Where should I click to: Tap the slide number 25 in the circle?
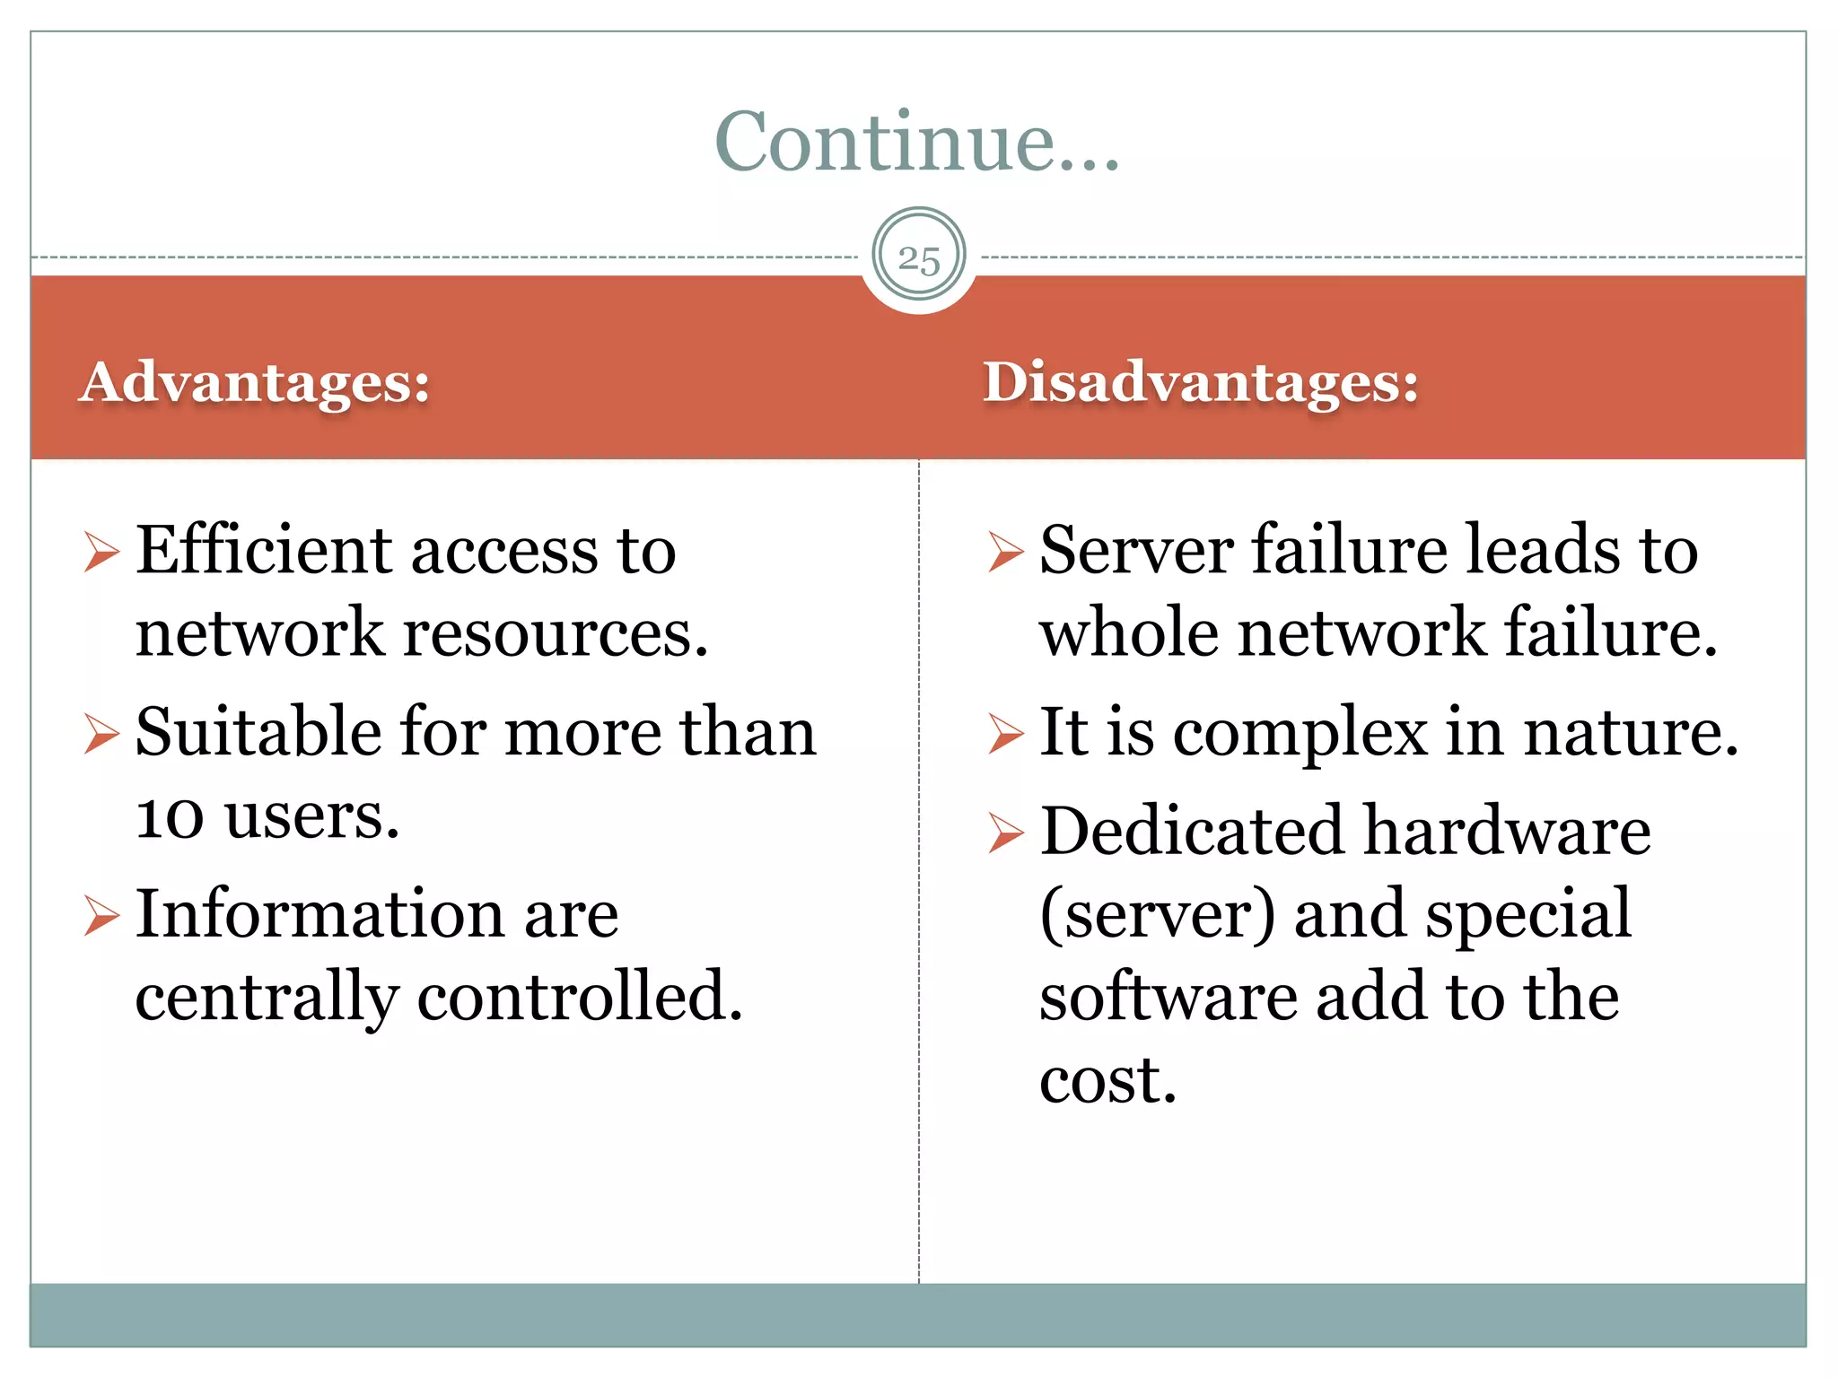click(x=919, y=258)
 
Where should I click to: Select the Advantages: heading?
click(x=255, y=382)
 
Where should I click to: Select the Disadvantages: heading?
click(x=1201, y=382)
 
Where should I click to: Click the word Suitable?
click(x=258, y=732)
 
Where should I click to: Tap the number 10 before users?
click(x=170, y=816)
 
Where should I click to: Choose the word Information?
click(x=320, y=914)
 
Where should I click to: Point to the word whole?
click(x=1129, y=632)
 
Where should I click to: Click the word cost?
click(x=1107, y=1079)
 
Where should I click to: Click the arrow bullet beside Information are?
click(x=101, y=915)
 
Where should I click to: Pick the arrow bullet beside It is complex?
click(x=1005, y=734)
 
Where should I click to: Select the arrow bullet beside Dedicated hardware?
click(x=1005, y=833)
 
